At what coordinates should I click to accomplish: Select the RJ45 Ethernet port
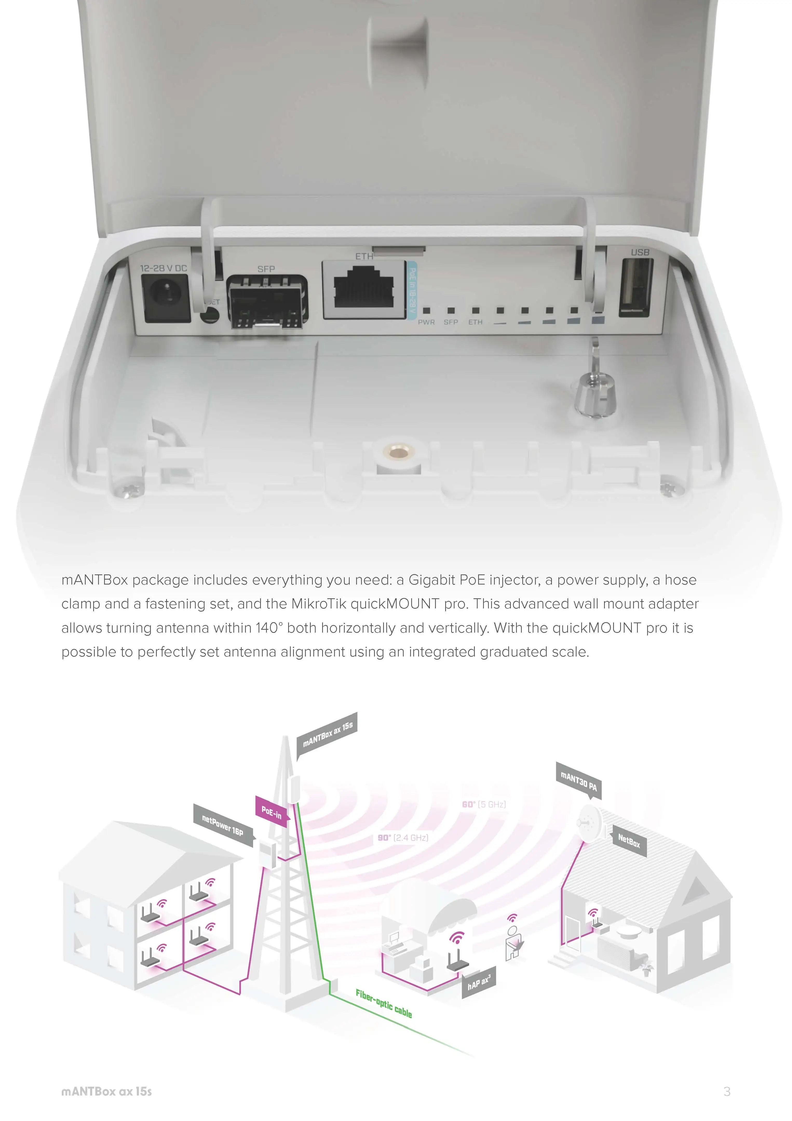point(363,289)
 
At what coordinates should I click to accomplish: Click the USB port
point(635,287)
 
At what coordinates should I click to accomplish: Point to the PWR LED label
point(426,322)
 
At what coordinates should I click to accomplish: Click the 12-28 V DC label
point(164,268)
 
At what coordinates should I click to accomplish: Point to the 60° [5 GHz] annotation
point(484,804)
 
